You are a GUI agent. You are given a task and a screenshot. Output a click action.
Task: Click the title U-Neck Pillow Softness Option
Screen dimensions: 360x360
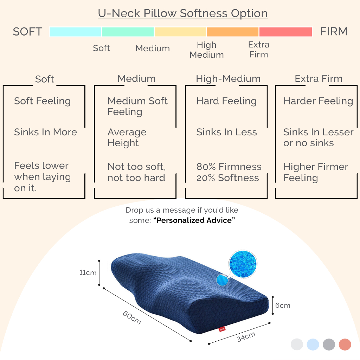[x=183, y=13]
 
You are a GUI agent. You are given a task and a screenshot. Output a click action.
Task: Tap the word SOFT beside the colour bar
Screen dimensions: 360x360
[x=27, y=32]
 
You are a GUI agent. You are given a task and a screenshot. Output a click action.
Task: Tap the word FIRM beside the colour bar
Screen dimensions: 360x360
[x=334, y=31]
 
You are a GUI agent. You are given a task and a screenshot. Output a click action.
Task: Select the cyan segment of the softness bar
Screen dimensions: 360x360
[x=75, y=32]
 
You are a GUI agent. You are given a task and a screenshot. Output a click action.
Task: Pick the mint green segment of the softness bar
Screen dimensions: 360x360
[x=128, y=32]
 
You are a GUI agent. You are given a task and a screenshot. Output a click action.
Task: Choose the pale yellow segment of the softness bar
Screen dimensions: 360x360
[x=180, y=32]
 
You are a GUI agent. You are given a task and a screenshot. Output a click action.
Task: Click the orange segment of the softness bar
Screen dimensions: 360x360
[x=233, y=32]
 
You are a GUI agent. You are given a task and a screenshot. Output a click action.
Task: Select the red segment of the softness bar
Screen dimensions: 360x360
[x=285, y=32]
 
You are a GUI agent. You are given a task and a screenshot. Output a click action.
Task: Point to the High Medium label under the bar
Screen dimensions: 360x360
[x=207, y=50]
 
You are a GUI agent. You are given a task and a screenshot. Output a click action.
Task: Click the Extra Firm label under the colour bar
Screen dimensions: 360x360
[x=259, y=50]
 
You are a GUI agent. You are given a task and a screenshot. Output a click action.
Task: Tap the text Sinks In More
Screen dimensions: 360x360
[x=45, y=132]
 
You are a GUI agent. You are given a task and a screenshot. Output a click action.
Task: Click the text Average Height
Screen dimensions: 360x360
[x=127, y=137]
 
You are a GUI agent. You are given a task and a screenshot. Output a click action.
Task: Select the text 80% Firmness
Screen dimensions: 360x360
[x=229, y=167]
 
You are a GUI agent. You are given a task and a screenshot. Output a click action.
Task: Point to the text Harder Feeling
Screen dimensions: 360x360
[x=318, y=101]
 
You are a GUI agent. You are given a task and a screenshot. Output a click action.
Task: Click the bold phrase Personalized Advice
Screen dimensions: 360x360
[x=194, y=220]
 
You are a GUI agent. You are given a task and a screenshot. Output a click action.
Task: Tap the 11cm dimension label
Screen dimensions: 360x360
[x=88, y=272]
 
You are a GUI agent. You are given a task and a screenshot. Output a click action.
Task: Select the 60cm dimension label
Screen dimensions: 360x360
[x=132, y=317]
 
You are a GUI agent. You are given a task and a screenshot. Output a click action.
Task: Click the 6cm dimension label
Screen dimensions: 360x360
[x=283, y=306]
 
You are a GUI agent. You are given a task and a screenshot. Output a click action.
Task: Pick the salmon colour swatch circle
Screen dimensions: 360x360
[x=345, y=345]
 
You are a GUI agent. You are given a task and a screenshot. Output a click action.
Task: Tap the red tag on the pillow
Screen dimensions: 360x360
[x=222, y=329]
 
